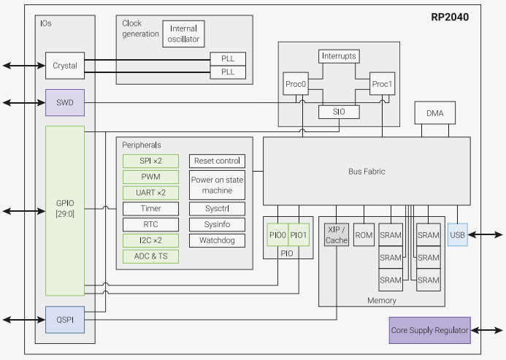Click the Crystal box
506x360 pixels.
[65, 66]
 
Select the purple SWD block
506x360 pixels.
[65, 102]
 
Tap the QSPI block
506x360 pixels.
[65, 320]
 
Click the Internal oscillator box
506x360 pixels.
[184, 34]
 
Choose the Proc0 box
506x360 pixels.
[296, 84]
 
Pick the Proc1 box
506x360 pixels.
[382, 84]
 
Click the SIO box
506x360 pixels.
[338, 112]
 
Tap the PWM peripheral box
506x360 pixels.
[150, 177]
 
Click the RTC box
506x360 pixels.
[150, 224]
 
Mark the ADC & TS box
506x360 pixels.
[150, 256]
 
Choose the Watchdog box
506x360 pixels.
[217, 240]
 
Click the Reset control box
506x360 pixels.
[217, 161]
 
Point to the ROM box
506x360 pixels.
[364, 235]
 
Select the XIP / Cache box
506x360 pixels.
[336, 235]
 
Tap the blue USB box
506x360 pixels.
[457, 234]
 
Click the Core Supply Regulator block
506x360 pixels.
[429, 330]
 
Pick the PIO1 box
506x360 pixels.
[299, 235]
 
